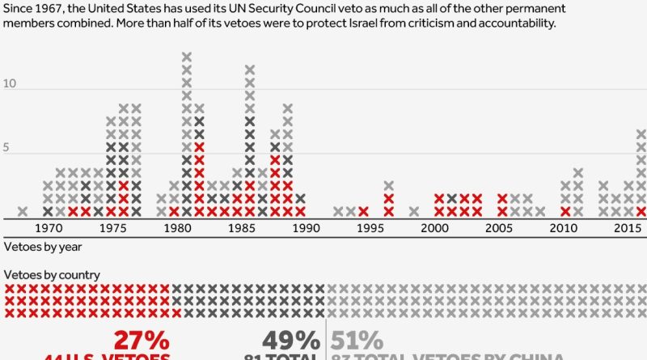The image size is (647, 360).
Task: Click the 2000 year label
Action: [434, 229]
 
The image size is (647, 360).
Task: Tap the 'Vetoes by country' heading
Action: [52, 275]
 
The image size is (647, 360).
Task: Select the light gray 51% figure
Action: [356, 341]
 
